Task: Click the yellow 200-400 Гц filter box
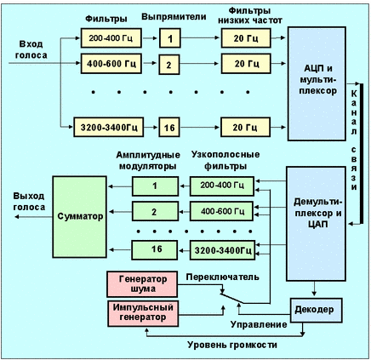tap(111, 38)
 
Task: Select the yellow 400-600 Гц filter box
tap(111, 64)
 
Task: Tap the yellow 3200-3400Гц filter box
tap(109, 127)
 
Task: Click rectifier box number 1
tap(170, 38)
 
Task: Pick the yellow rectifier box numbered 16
tap(169, 127)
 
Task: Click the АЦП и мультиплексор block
tap(317, 83)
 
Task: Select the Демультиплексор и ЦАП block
tap(316, 224)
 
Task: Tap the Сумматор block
tap(80, 217)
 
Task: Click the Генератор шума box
tap(142, 284)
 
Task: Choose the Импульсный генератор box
tap(143, 313)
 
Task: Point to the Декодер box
tap(317, 310)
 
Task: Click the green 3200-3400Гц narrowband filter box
tap(222, 250)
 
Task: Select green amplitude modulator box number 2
tap(155, 211)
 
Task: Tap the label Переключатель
tap(222, 277)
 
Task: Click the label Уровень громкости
tap(232, 345)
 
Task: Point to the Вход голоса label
tap(31, 49)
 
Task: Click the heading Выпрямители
tap(174, 17)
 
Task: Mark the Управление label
tap(259, 324)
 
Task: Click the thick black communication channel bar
tap(362, 154)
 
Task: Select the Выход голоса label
tap(29, 202)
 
